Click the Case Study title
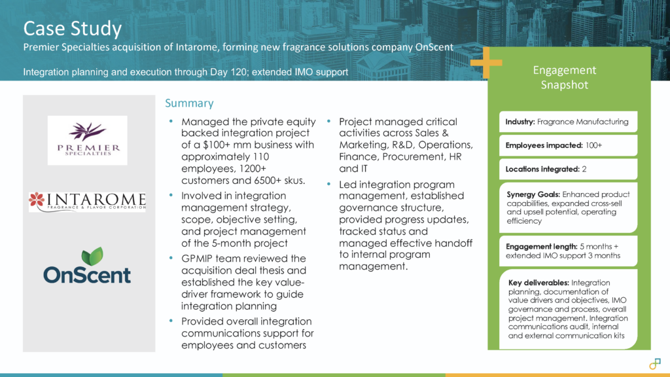[73, 29]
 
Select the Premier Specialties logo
[87, 140]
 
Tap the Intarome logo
[87, 201]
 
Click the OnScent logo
[87, 266]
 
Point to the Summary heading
[189, 103]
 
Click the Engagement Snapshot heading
[564, 77]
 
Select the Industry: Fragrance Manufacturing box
[567, 122]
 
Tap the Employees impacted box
[567, 145]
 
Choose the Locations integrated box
[567, 170]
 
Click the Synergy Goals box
[567, 207]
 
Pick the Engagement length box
[567, 251]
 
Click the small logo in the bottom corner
[655, 363]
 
